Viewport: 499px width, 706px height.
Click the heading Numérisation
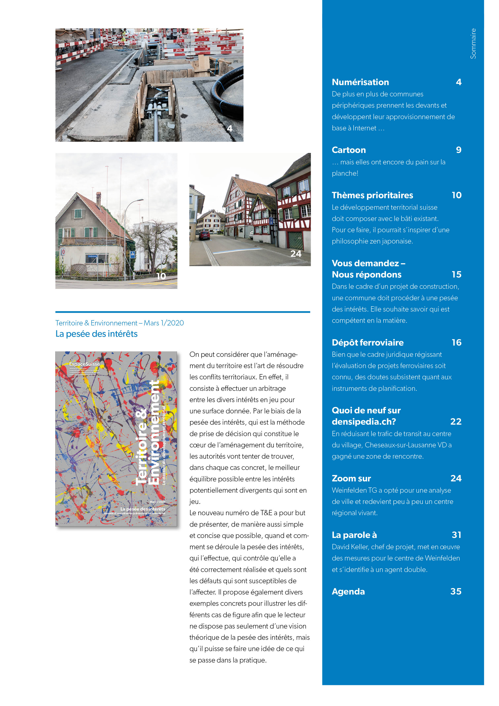tap(360, 82)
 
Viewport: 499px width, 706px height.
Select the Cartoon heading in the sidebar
tap(349, 150)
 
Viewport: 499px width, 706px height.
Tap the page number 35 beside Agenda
tap(456, 591)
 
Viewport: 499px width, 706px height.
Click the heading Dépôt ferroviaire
tap(367, 343)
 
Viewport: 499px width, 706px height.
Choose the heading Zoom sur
tap(351, 478)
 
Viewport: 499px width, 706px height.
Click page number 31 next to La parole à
tap(456, 535)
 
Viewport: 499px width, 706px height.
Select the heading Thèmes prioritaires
tap(372, 195)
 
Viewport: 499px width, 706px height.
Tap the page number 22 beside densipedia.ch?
tap(456, 422)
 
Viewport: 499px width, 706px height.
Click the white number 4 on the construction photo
tap(229, 129)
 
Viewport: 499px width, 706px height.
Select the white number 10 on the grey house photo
tap(161, 276)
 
